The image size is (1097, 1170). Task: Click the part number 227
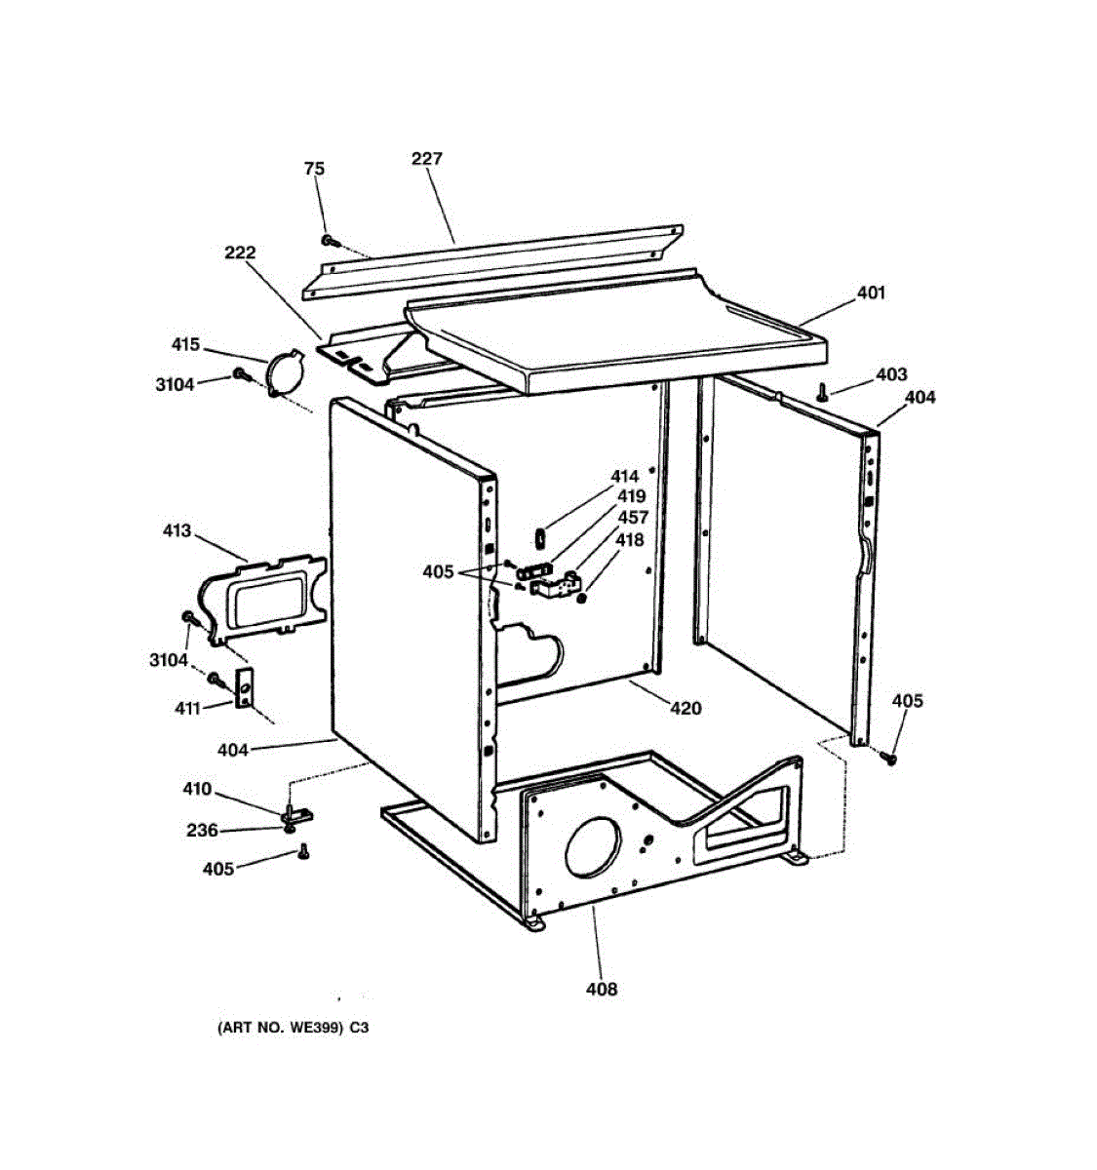426,158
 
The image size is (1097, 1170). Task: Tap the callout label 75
314,169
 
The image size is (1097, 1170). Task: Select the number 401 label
871,292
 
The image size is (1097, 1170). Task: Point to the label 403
891,373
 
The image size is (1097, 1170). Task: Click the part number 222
239,253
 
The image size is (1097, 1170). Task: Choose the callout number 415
185,344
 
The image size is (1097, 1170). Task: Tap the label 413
176,531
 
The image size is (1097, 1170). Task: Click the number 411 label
187,708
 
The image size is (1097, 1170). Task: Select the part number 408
602,989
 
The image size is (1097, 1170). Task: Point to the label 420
686,708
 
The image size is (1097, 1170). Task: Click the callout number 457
633,518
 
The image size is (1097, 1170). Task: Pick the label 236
202,831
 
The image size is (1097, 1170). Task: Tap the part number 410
197,789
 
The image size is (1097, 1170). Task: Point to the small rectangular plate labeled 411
244,686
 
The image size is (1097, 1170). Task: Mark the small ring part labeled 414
538,534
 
